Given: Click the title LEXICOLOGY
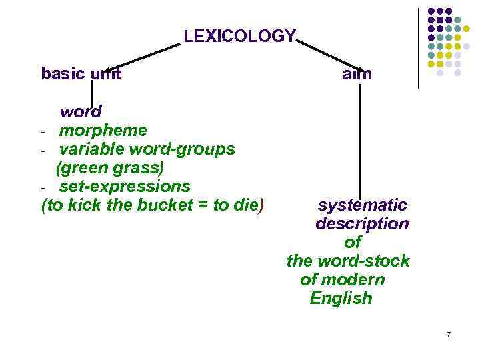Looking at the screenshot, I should pos(239,36).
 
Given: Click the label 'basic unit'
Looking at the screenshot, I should pos(81,73).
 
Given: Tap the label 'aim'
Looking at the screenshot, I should pos(357,74).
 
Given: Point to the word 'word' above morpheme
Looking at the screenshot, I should pos(81,111).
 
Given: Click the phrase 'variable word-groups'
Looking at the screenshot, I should pos(147,149).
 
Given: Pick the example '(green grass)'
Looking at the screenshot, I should pos(110,167).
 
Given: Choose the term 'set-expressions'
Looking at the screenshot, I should pos(124,185).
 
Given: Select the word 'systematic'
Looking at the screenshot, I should pos(362,205).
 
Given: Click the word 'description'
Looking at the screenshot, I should pos(362,223).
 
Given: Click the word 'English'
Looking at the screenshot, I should pos(341,298).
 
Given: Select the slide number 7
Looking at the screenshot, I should pos(449,334).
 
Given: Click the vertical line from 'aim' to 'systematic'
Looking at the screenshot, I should pos(360,140).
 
